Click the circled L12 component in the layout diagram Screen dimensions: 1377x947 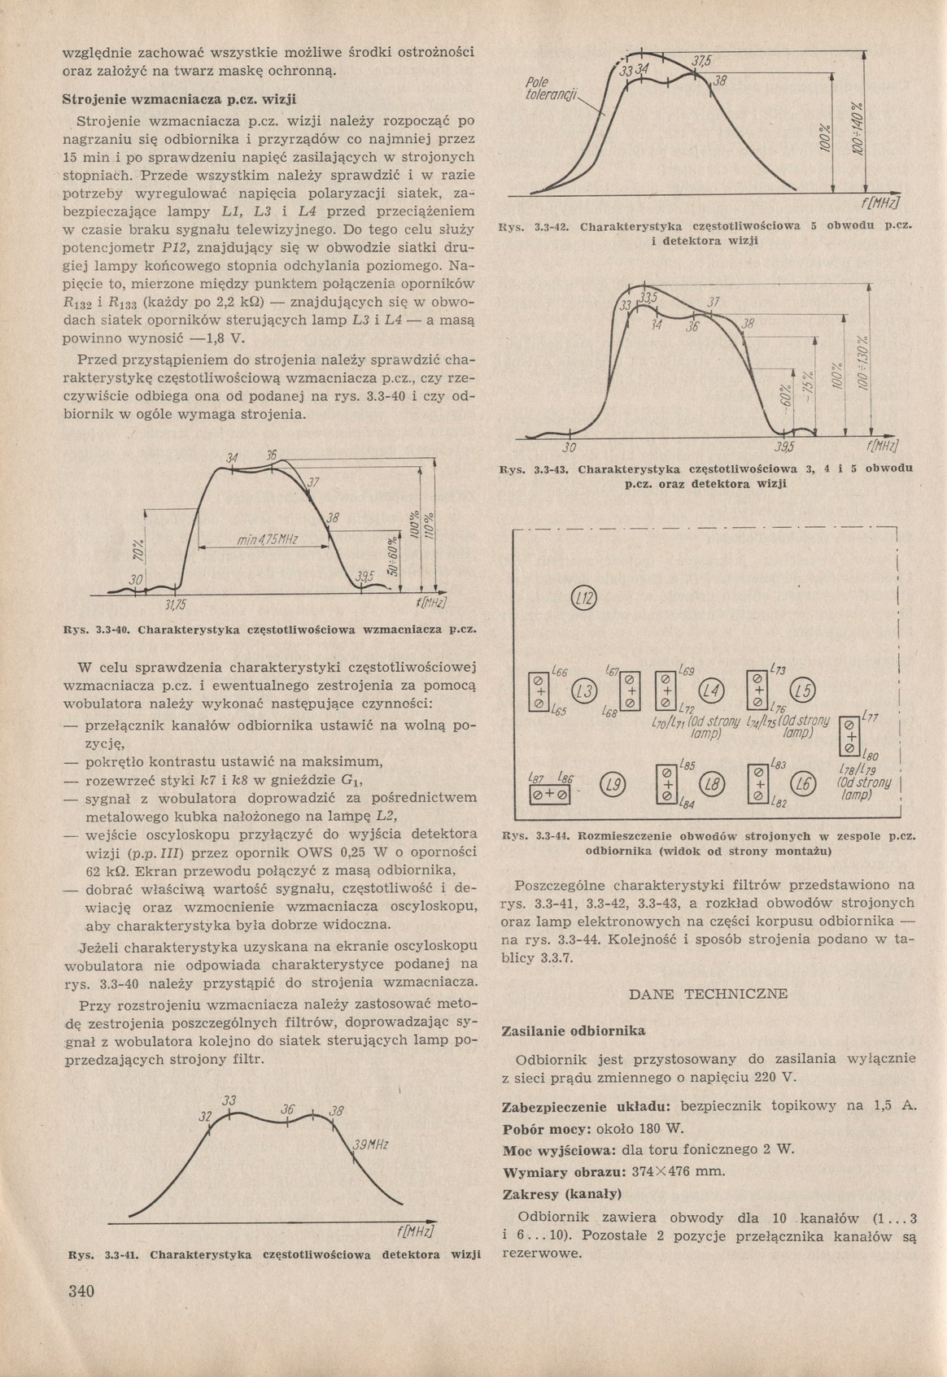(584, 599)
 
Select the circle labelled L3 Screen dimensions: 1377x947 (584, 691)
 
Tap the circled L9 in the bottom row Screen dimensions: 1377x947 (612, 784)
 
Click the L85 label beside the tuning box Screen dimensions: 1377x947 (687, 765)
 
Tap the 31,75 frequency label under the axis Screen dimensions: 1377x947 (176, 605)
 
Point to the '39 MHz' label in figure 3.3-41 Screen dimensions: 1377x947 (369, 1146)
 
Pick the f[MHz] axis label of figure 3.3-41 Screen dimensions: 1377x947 (415, 1231)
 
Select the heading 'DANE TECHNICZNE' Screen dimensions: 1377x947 (709, 994)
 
